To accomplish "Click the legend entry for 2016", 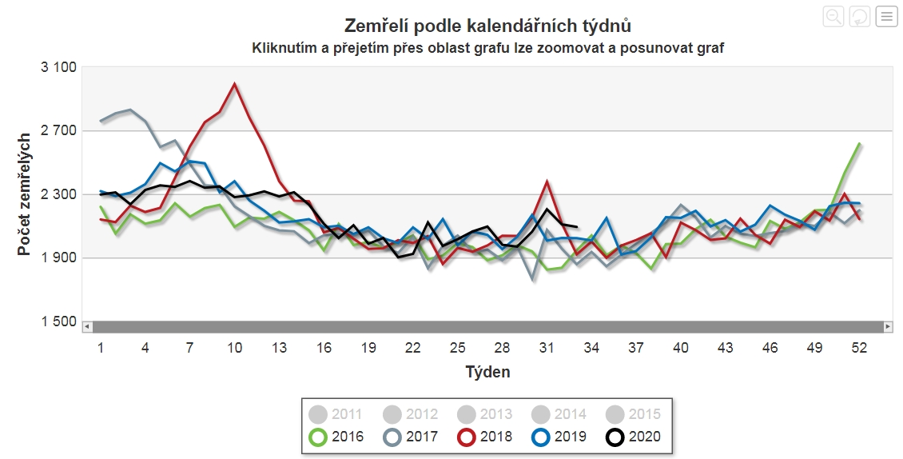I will click(336, 437).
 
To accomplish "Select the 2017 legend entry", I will click(411, 437).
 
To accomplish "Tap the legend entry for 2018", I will click(485, 437).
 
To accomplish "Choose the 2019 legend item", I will click(559, 437).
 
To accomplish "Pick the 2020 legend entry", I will click(634, 437).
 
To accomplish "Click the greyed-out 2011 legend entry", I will click(336, 414).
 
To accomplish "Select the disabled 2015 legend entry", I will click(634, 414).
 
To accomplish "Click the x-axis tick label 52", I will click(860, 349).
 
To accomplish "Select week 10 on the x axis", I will click(234, 349).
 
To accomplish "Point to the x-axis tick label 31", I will click(547, 349).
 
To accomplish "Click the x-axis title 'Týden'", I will click(487, 372).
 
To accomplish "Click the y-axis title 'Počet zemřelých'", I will click(25, 195).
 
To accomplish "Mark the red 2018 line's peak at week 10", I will click(234, 83).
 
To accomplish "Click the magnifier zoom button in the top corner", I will click(833, 16).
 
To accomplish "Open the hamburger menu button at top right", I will click(886, 16).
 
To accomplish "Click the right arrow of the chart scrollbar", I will click(887, 327).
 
